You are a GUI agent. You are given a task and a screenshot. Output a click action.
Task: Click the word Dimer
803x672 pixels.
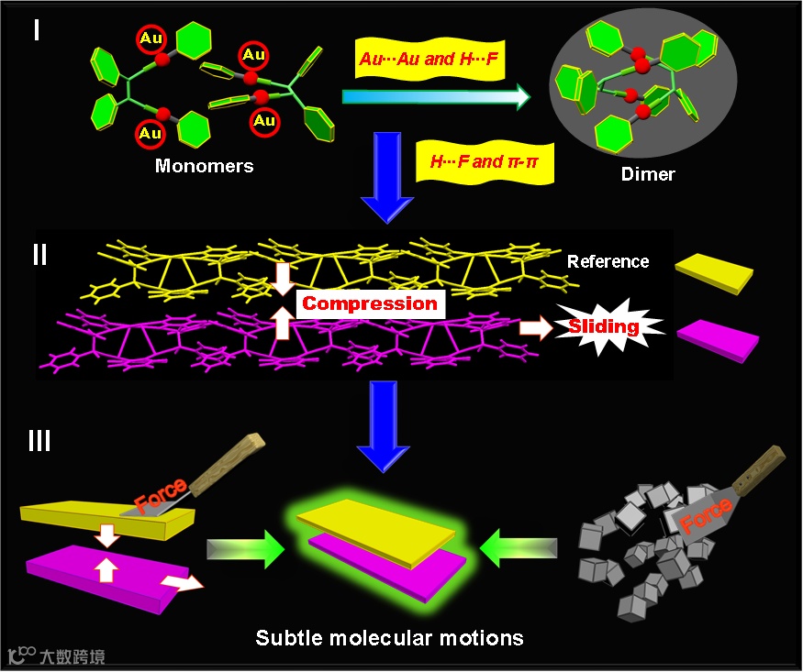point(649,172)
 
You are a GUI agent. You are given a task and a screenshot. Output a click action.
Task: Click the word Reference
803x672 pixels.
point(608,261)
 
